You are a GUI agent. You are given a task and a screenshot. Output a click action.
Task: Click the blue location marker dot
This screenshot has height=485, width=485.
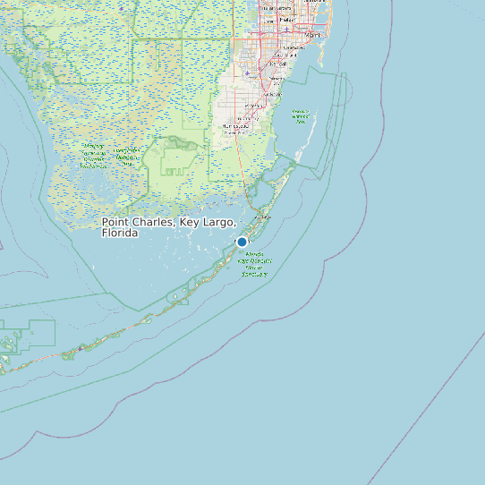(242, 242)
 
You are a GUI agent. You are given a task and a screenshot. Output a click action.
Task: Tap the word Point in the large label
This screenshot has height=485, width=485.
(117, 222)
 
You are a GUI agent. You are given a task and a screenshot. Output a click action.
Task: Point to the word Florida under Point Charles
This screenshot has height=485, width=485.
(120, 233)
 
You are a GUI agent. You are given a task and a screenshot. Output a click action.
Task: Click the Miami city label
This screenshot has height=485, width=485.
(312, 35)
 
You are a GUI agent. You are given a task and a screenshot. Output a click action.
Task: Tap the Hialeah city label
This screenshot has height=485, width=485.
(285, 19)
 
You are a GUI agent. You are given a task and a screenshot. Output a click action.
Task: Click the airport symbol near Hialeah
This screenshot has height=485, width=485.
(286, 30)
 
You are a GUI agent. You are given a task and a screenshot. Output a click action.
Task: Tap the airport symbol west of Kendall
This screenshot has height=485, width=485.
(248, 72)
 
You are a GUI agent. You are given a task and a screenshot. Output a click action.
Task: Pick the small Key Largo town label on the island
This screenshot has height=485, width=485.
(263, 217)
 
